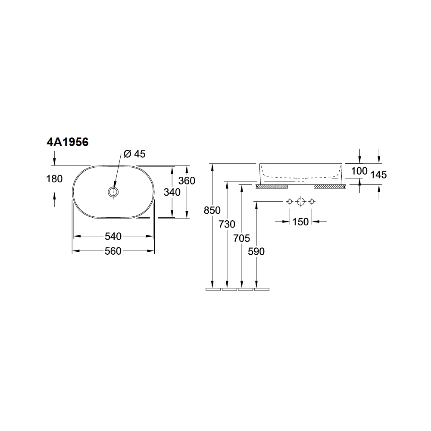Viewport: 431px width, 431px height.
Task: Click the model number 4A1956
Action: click(68, 142)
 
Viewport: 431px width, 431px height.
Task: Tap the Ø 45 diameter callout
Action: click(134, 154)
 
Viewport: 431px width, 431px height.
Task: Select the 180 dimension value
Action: click(54, 179)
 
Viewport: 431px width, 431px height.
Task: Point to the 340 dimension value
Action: click(172, 192)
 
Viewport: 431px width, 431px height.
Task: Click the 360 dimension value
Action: click(187, 181)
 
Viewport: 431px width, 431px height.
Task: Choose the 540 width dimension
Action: click(113, 236)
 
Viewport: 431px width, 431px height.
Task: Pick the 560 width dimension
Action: click(113, 251)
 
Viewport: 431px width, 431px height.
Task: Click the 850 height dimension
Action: click(212, 211)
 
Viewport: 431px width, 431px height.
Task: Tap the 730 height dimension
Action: click(227, 224)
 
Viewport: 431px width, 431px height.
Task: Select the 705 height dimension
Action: click(242, 238)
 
